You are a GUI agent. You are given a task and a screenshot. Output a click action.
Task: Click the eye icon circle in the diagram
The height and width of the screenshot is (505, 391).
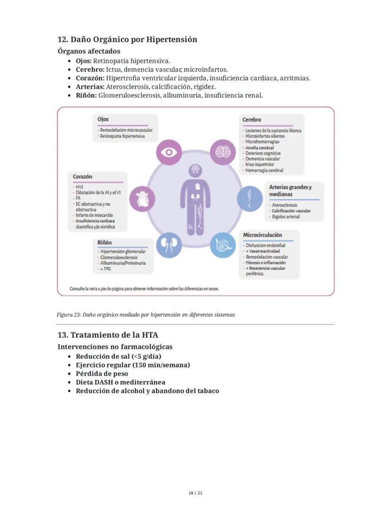(169, 152)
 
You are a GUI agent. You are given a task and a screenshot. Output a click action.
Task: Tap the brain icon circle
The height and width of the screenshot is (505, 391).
(222, 152)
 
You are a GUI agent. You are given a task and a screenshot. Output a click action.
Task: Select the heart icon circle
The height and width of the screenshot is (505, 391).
(142, 199)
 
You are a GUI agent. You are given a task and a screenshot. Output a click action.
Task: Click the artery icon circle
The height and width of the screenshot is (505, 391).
(249, 199)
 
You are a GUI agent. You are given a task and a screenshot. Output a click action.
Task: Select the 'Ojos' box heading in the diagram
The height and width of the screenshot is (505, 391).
(103, 119)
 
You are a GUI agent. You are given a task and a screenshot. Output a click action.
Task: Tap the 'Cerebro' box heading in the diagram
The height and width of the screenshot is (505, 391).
(252, 120)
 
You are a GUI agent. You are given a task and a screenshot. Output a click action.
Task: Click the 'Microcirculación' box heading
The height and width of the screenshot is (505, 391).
(263, 235)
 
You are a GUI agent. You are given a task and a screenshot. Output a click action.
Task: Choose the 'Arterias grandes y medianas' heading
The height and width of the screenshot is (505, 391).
(290, 190)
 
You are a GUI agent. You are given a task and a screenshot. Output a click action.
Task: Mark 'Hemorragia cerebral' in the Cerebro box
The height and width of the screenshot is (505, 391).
(264, 170)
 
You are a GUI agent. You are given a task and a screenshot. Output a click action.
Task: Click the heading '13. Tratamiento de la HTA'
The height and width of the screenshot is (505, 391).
(108, 335)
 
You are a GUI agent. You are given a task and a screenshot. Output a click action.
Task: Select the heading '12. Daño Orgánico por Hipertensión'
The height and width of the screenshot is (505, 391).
(127, 40)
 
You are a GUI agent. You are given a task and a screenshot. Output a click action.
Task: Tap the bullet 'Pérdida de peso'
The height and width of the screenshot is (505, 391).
(102, 373)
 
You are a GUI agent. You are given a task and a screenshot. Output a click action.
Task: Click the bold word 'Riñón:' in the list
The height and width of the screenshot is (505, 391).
(86, 95)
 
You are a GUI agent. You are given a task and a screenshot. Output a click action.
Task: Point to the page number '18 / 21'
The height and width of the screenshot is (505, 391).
(195, 493)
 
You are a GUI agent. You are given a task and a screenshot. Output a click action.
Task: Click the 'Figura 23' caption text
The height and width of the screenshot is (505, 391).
(145, 315)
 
